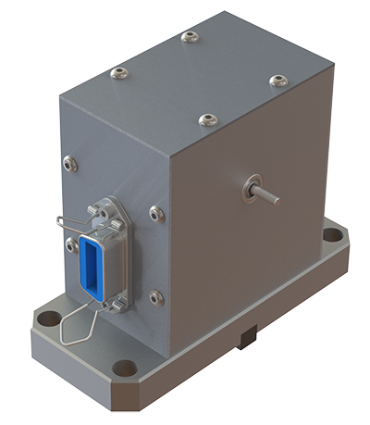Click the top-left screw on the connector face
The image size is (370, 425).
(x=70, y=163)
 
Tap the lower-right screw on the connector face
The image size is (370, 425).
(x=156, y=297)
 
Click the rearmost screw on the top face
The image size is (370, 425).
(x=191, y=37)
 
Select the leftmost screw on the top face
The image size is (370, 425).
(x=117, y=72)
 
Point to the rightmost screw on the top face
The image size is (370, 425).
(x=278, y=81)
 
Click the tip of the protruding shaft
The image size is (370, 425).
(x=277, y=198)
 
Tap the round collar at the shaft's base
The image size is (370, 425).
(x=251, y=187)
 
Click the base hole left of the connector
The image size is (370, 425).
(x=47, y=319)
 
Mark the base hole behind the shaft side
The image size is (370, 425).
(x=331, y=234)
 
